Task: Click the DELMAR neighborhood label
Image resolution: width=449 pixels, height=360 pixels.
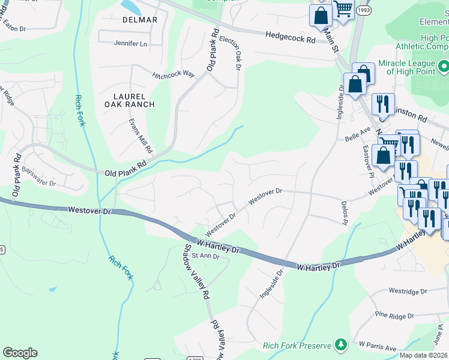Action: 140,20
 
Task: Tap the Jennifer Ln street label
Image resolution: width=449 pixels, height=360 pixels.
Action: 131,44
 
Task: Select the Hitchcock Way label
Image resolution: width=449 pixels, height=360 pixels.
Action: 173,74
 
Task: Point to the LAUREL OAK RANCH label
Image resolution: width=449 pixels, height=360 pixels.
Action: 134,100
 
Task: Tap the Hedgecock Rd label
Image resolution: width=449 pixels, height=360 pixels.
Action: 291,38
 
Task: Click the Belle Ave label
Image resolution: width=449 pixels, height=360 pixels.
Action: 358,134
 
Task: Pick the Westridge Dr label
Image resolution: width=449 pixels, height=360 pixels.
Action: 407,291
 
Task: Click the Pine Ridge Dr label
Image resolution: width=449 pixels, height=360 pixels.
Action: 395,314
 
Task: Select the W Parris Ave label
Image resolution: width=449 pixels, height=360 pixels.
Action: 378,346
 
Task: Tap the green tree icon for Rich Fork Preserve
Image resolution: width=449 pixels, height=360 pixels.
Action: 341,344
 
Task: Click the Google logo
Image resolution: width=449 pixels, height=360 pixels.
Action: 20,353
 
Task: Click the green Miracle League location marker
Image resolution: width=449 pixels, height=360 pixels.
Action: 443,65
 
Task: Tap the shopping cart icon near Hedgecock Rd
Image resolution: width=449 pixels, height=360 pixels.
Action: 343,10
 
